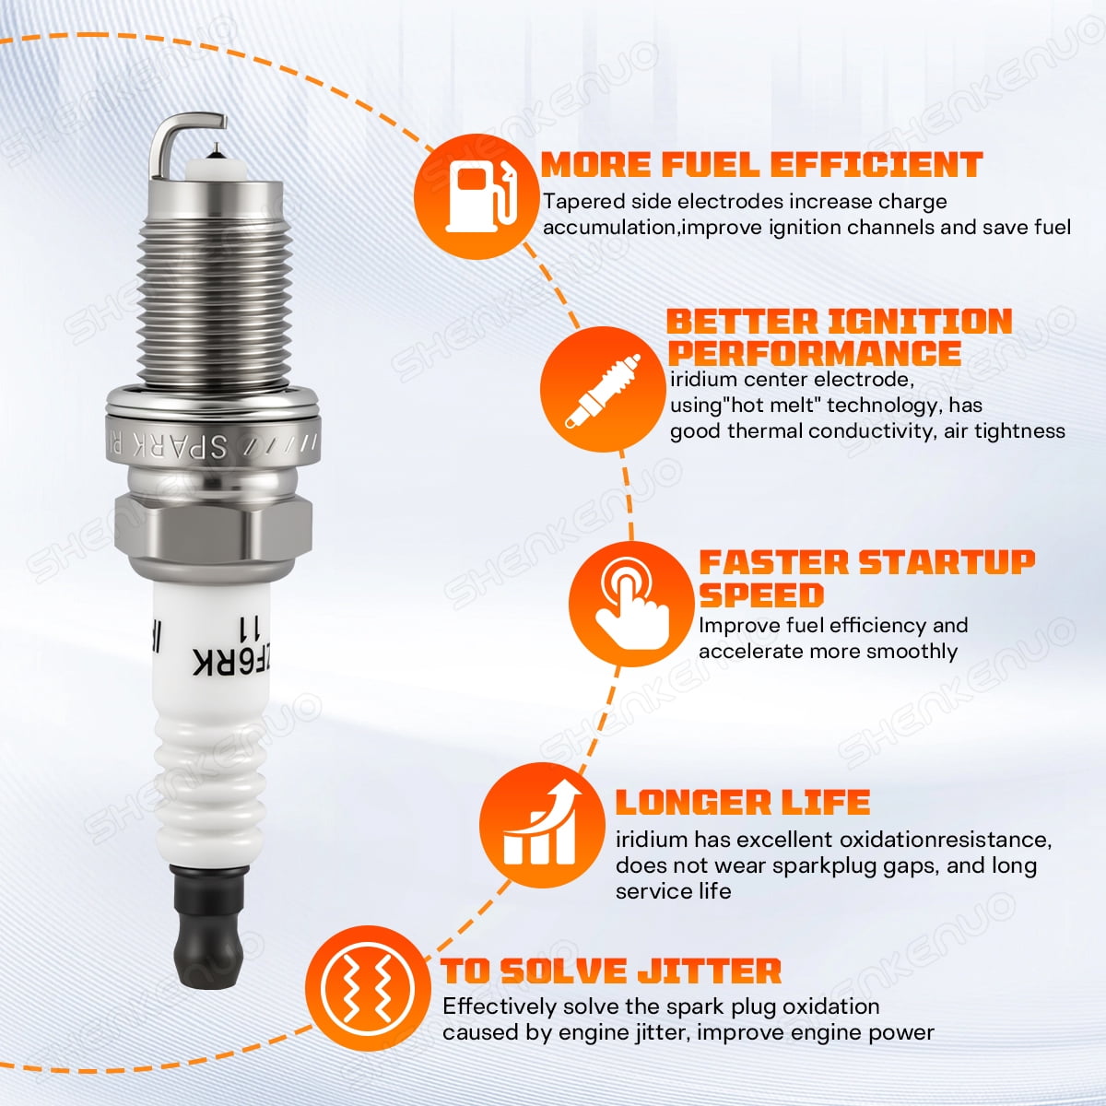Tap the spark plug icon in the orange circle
[x=602, y=391]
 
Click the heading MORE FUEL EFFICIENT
[x=761, y=165]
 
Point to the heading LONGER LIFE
[x=743, y=802]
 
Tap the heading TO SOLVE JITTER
[x=611, y=971]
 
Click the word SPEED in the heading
[x=761, y=594]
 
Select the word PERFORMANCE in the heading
[x=815, y=353]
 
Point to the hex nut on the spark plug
[x=213, y=527]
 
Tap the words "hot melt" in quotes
[x=761, y=406]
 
